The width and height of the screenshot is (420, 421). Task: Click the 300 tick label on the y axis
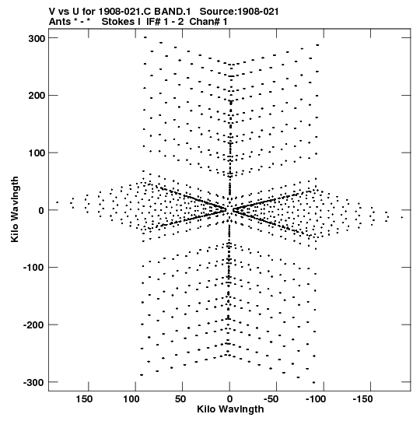coord(37,38)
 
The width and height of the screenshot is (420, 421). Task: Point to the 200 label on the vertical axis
coord(37,96)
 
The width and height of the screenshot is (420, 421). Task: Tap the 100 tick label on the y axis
coord(37,153)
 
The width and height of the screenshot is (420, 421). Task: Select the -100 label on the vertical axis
coord(34,268)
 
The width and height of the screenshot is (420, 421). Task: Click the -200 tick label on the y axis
coord(34,325)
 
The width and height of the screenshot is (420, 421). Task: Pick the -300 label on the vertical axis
coord(34,383)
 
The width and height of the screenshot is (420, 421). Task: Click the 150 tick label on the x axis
coord(84,399)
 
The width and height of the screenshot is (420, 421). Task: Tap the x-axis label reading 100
coord(131,399)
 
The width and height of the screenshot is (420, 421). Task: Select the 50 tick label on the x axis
coord(180,399)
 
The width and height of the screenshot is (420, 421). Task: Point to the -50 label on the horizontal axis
coord(271,399)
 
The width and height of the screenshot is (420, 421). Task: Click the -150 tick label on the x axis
coord(362,399)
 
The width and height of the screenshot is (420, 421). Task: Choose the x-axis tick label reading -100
coord(316,399)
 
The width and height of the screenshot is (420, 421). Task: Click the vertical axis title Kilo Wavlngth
coord(15,209)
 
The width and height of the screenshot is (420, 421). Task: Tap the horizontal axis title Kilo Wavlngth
coord(230,409)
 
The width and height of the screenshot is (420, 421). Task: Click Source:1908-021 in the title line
coord(239,12)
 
